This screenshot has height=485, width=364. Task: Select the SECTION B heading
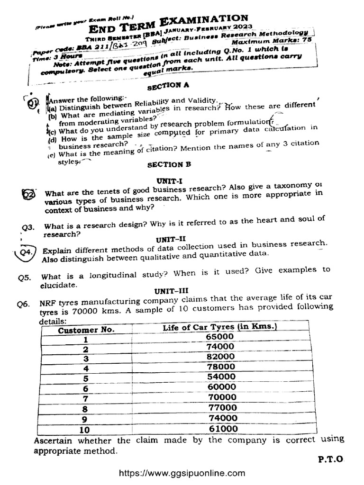(x=165, y=165)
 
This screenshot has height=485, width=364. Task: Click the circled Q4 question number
(x=25, y=252)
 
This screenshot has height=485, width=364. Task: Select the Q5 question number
(x=24, y=278)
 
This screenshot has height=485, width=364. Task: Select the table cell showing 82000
(x=220, y=357)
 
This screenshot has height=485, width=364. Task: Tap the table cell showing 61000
(x=222, y=429)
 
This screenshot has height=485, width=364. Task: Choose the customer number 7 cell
(x=86, y=398)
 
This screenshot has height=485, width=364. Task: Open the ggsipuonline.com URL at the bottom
(x=183, y=473)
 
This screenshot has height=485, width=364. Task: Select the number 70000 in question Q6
(x=86, y=314)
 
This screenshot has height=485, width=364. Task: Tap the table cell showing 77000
(x=222, y=408)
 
